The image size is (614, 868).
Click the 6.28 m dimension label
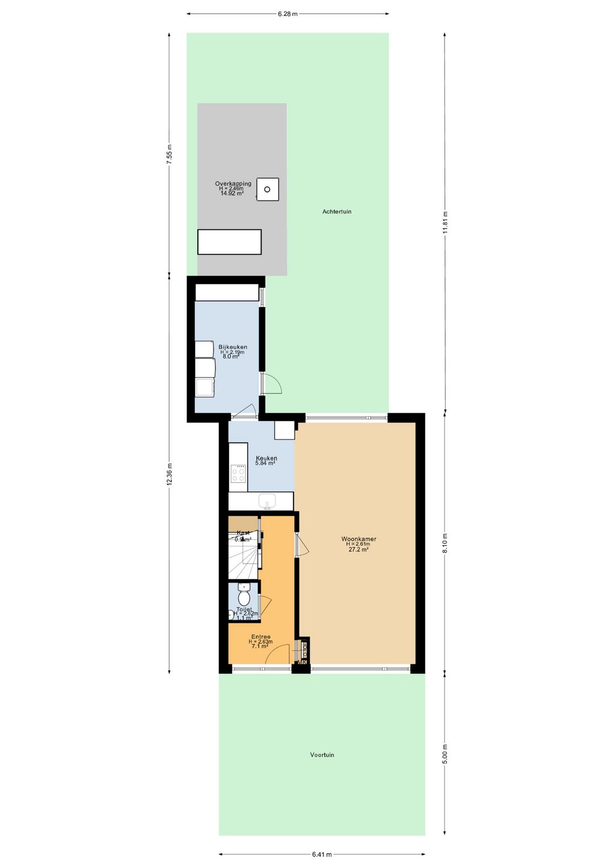(x=288, y=14)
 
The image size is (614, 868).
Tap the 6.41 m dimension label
(x=322, y=854)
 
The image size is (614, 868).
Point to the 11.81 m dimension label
(x=445, y=222)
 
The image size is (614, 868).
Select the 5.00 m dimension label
(x=445, y=754)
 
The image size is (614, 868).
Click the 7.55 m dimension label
(x=169, y=154)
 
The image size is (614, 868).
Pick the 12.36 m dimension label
(x=169, y=474)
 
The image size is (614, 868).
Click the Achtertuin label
(x=337, y=212)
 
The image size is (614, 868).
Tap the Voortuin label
(x=322, y=755)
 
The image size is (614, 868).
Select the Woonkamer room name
(x=359, y=539)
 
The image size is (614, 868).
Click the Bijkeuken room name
(x=233, y=347)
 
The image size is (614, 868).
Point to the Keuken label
(x=266, y=458)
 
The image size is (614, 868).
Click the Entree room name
(x=261, y=636)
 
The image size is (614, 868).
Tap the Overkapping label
(x=233, y=184)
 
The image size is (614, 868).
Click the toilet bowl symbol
(x=244, y=597)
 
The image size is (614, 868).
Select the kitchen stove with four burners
(x=238, y=474)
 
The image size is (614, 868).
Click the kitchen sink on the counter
(x=267, y=501)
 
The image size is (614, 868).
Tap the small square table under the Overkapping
(x=267, y=189)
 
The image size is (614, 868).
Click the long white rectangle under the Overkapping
(x=229, y=242)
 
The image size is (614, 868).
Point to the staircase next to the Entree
(x=243, y=555)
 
